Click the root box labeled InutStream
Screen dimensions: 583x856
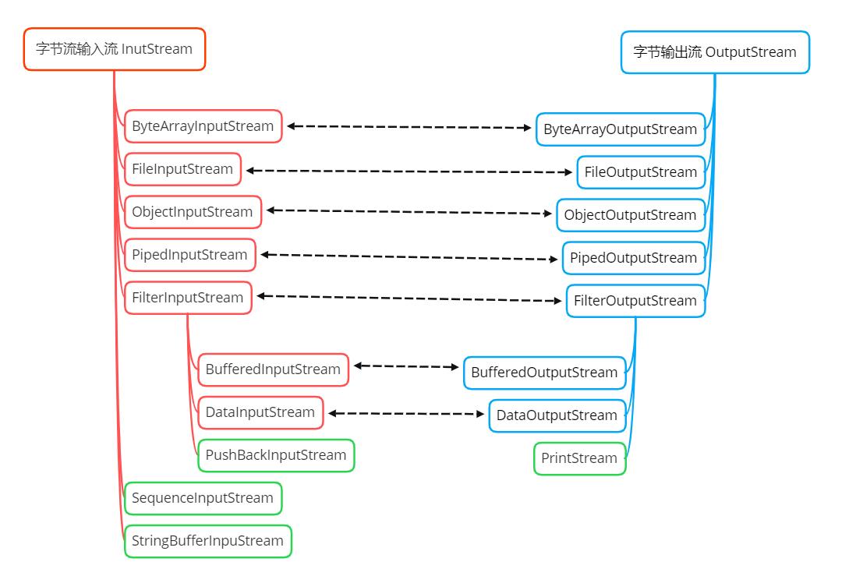tap(114, 49)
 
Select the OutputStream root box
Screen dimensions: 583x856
tap(715, 52)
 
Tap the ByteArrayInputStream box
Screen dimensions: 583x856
tap(203, 126)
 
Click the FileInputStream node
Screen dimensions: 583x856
tap(182, 169)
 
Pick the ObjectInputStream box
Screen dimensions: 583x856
tap(193, 212)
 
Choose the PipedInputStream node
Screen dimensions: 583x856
tap(189, 255)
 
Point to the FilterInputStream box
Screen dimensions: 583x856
tap(188, 298)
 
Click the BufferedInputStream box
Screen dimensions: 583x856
tap(273, 369)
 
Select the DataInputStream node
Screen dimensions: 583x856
tap(260, 412)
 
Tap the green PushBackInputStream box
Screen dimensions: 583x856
tap(276, 455)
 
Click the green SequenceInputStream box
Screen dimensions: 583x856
tap(203, 498)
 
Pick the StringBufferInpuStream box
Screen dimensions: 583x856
tap(207, 541)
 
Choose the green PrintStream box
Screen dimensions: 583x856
tap(579, 458)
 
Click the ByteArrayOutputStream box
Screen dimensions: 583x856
tap(621, 129)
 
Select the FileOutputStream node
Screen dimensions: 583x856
tap(641, 172)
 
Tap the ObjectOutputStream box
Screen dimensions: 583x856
tap(631, 215)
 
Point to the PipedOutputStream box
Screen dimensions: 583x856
tap(634, 258)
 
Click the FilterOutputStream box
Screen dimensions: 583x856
tap(635, 301)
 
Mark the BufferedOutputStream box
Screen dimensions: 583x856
tap(544, 373)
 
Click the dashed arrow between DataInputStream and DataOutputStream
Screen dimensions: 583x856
tap(405, 414)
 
